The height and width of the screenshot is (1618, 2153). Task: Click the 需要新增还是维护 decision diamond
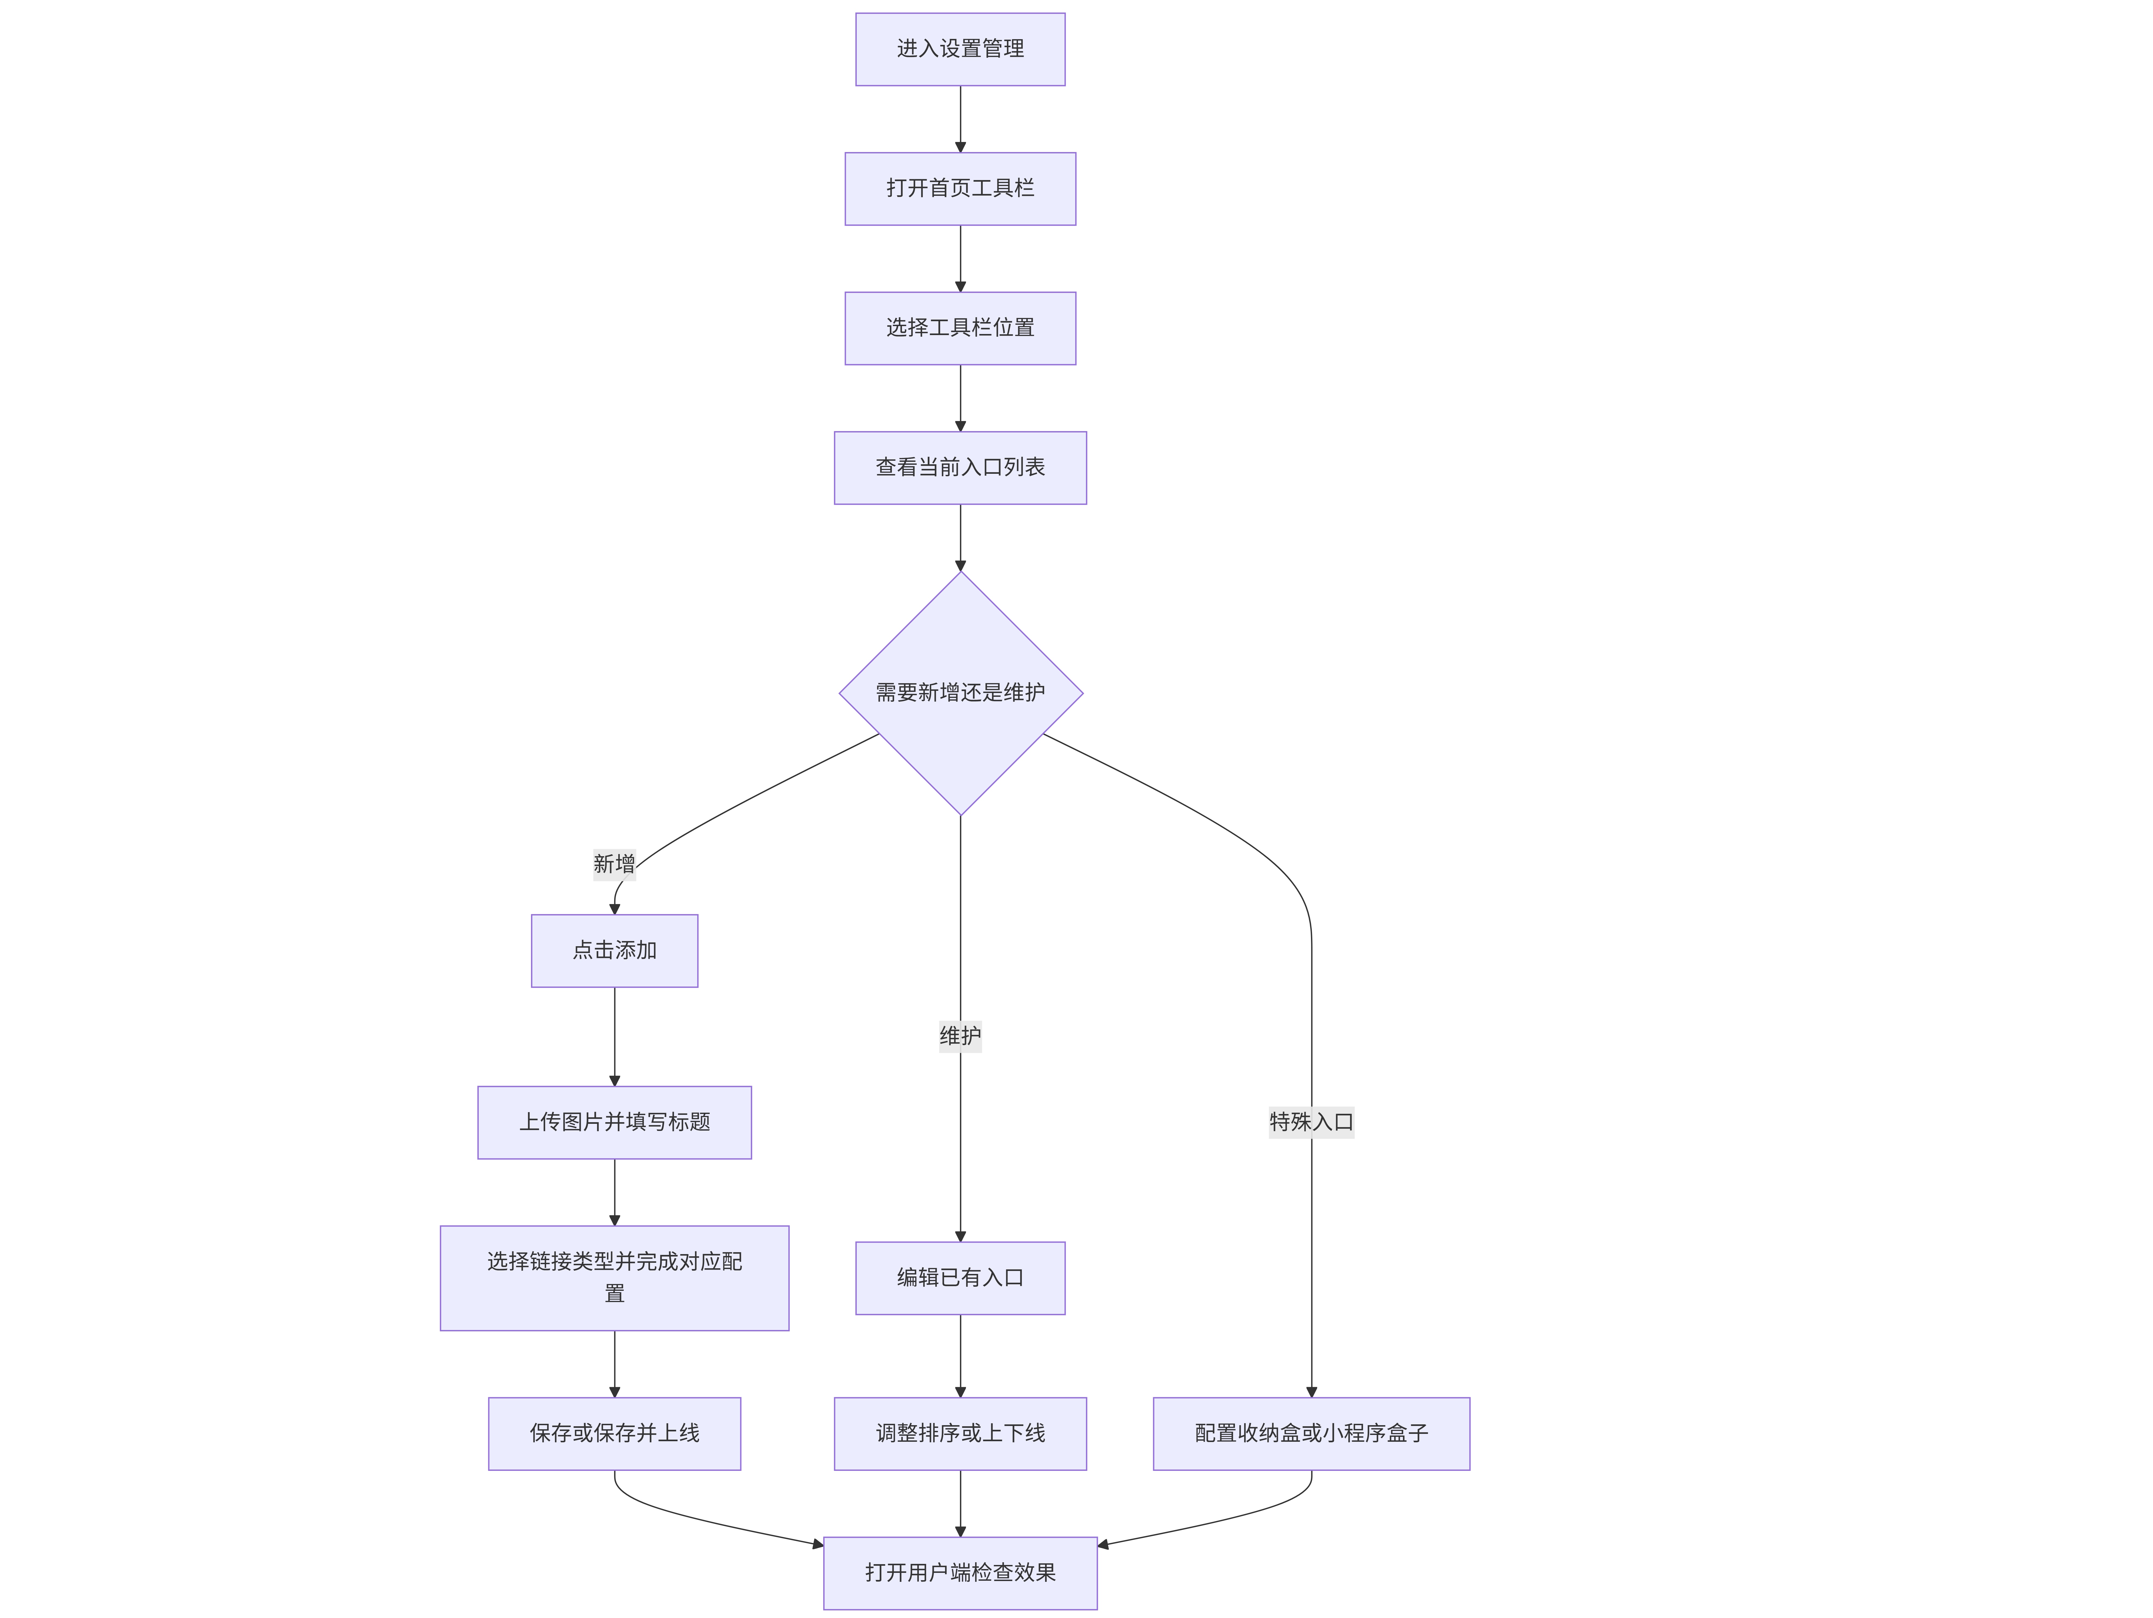coord(961,693)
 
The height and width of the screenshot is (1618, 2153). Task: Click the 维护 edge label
coord(961,1036)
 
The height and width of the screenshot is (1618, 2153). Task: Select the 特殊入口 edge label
coord(1311,1122)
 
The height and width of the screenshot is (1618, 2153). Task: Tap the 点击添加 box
coord(614,951)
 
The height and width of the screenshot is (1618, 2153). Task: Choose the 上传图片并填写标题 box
coord(614,1123)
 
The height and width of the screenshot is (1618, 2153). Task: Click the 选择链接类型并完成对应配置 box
coord(614,1279)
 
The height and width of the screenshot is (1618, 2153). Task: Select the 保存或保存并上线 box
coord(614,1434)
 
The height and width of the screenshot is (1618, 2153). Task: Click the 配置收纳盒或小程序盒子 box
coord(1311,1434)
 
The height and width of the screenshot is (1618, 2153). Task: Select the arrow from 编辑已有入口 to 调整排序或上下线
coord(961,1356)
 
